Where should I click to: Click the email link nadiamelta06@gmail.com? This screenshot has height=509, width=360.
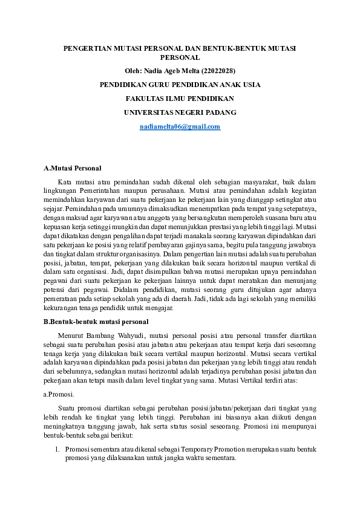tap(180, 126)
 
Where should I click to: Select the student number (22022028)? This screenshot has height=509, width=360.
tap(216, 71)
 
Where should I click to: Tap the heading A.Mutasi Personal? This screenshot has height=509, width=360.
tap(73, 167)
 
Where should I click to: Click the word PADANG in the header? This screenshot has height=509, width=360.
tap(221, 112)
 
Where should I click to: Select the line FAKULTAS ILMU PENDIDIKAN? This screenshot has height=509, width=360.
tap(180, 99)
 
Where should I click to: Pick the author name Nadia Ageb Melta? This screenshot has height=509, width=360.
tap(169, 71)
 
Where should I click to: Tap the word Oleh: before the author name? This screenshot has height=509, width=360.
tap(134, 71)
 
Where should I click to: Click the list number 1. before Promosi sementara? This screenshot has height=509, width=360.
tap(57, 449)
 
